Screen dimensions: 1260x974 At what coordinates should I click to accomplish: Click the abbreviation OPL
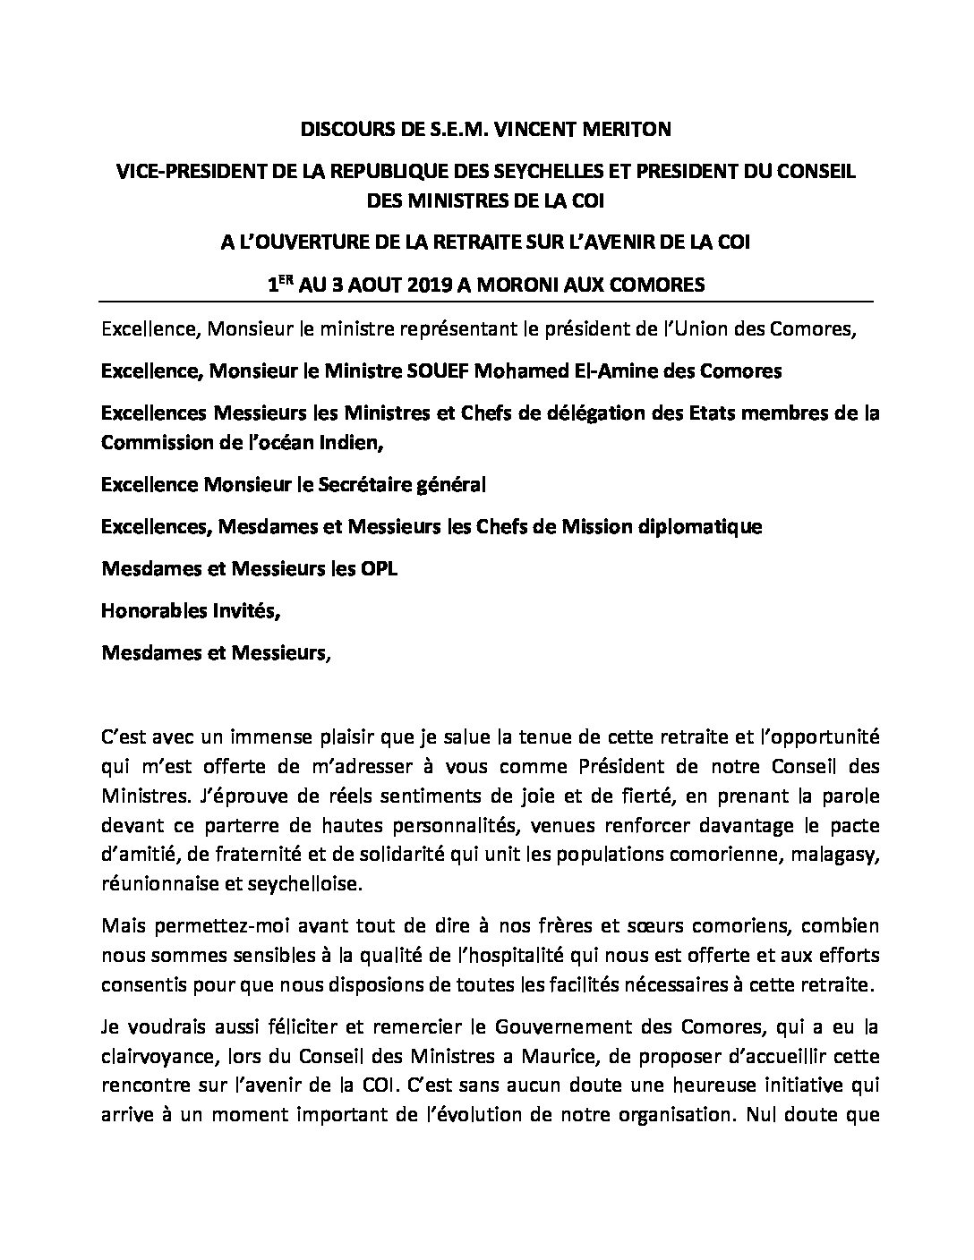pyautogui.click(x=374, y=568)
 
